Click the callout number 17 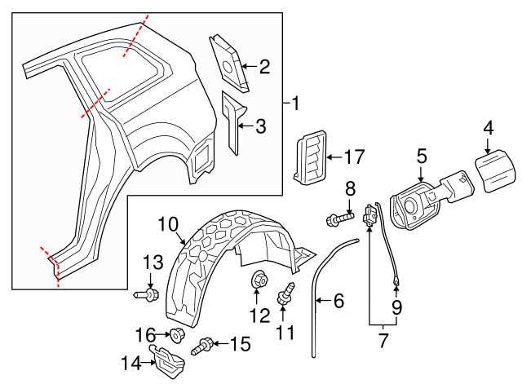pyautogui.click(x=354, y=157)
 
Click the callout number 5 pyautogui.click(x=422, y=154)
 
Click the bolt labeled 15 pyautogui.click(x=203, y=346)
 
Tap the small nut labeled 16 pyautogui.click(x=175, y=333)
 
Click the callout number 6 pyautogui.click(x=338, y=301)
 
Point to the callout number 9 pyautogui.click(x=397, y=307)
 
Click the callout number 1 pyautogui.click(x=294, y=104)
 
